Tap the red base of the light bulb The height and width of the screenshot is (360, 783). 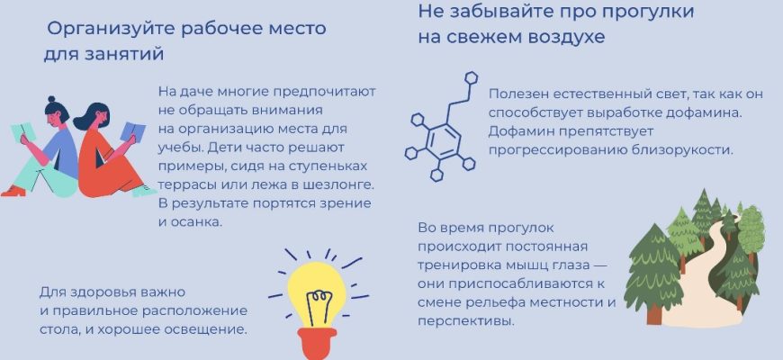tap(317, 343)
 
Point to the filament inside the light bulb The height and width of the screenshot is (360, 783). tap(317, 301)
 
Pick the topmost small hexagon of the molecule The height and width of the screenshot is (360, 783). tap(472, 78)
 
